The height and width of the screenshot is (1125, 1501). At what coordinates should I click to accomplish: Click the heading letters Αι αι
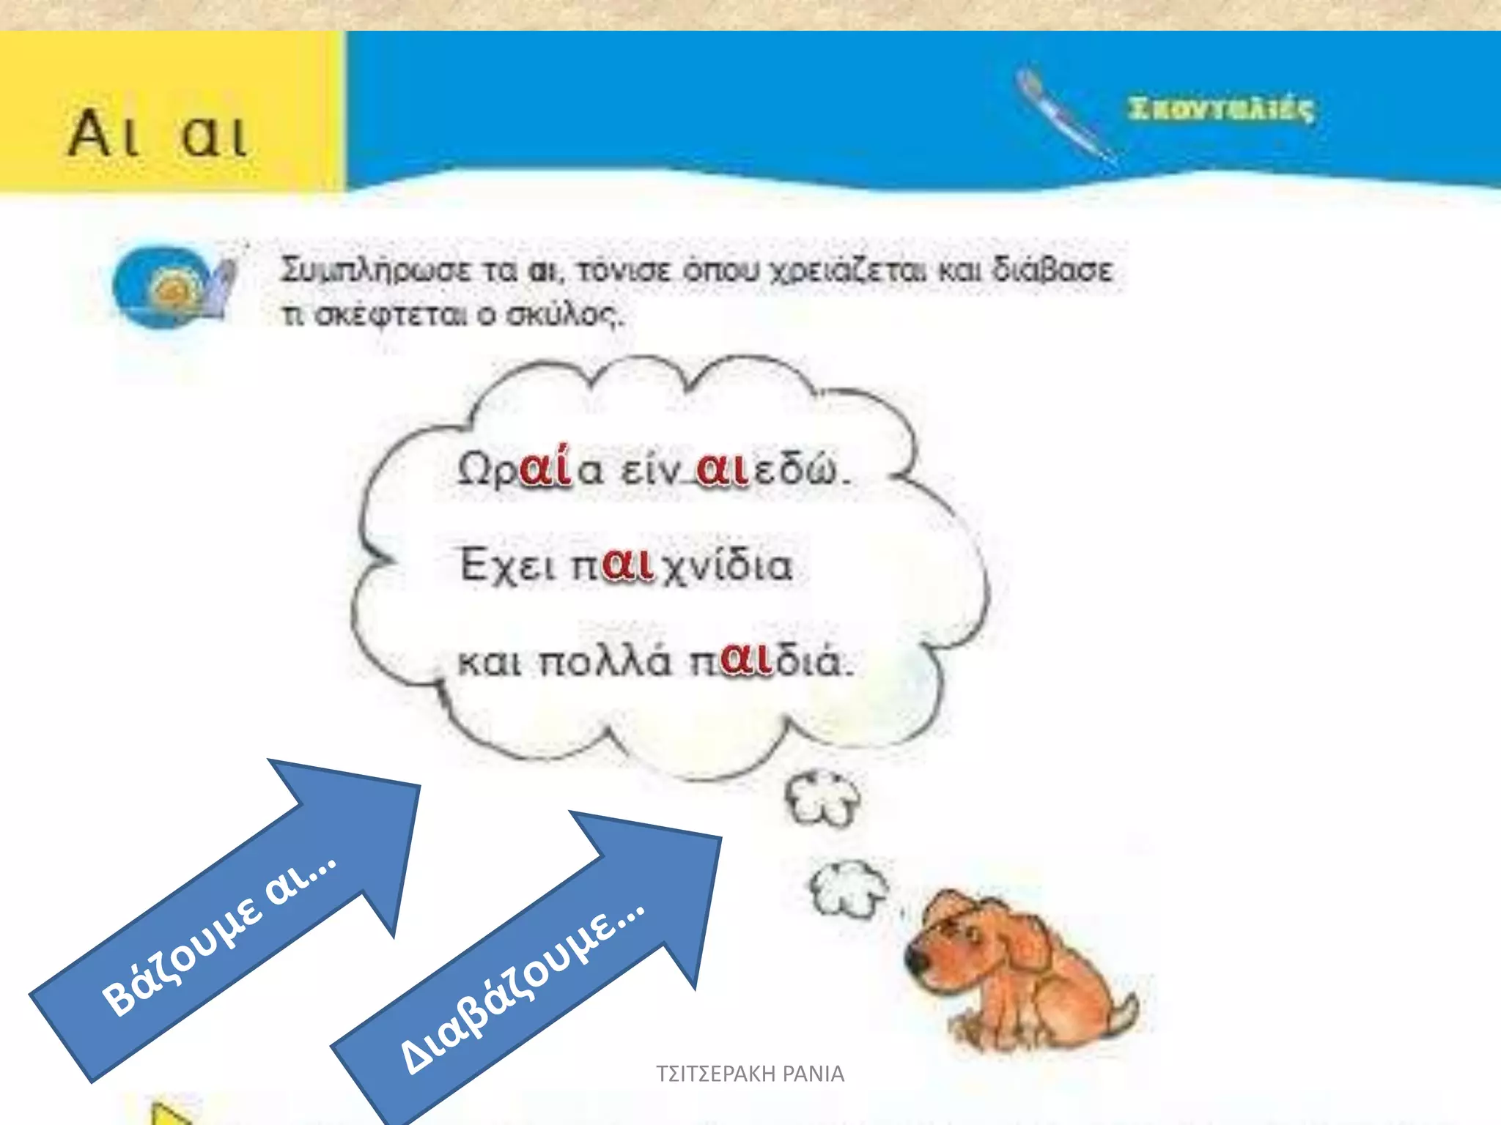coord(158,134)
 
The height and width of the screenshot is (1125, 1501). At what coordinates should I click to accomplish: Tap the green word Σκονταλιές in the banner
coord(1220,109)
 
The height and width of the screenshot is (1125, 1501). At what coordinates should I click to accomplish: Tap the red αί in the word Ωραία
coord(545,467)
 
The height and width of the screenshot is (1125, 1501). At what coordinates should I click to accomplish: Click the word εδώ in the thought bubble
coord(794,469)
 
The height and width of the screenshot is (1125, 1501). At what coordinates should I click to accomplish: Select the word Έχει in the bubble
coord(506,565)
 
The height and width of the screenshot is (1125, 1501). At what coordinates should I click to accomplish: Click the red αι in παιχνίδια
coord(627,565)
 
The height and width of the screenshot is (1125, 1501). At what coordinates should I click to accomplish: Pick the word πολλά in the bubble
coord(604,662)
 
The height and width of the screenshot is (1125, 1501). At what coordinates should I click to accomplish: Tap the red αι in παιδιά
coord(746,660)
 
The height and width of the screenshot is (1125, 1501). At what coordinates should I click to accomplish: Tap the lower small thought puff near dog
coord(848,887)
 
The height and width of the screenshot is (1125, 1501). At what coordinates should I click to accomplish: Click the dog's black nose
coord(915,960)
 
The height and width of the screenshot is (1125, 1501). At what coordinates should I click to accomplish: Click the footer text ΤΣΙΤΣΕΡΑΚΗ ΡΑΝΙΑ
coord(750,1074)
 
